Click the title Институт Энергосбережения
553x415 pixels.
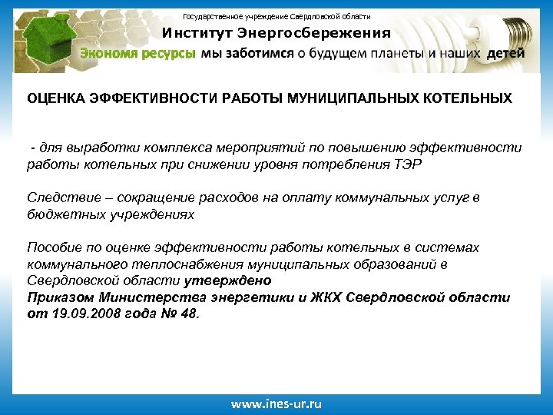pyautogui.click(x=276, y=33)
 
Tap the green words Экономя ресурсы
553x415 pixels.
pyautogui.click(x=138, y=55)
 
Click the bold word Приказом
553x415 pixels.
pyautogui.click(x=61, y=297)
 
